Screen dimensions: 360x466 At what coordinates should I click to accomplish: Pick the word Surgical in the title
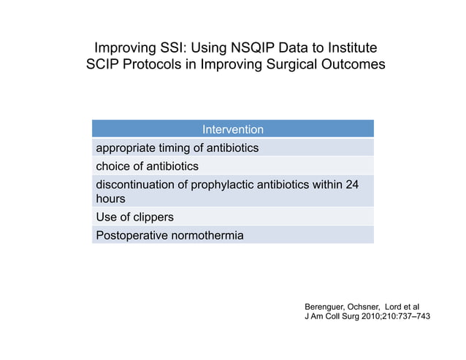pos(294,64)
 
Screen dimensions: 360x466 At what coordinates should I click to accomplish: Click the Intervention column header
pos(233,129)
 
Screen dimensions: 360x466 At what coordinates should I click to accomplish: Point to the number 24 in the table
pos(351,184)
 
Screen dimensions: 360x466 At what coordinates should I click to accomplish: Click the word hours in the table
pos(111,199)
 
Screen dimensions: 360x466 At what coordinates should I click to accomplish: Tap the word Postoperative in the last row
pos(131,235)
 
